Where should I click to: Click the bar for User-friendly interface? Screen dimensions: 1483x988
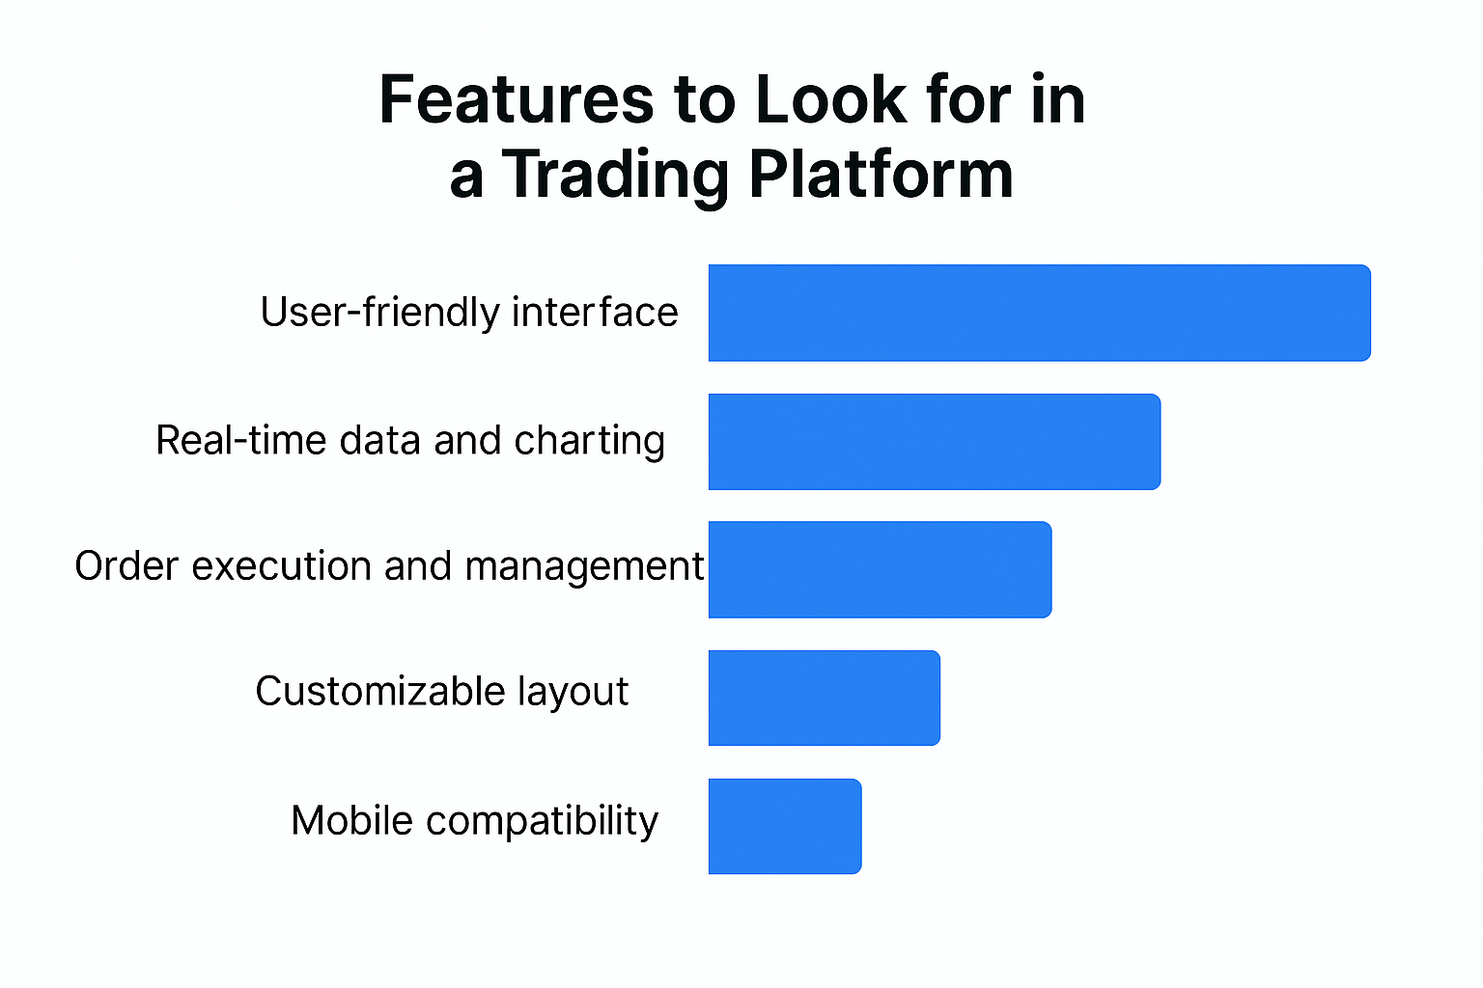[x=1040, y=313]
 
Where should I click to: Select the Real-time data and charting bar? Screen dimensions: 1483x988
[x=935, y=441]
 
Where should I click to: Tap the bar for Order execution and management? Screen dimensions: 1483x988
[x=880, y=570]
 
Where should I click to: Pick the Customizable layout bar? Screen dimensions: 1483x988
[x=825, y=699]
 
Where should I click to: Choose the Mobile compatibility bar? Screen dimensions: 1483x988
[x=785, y=827]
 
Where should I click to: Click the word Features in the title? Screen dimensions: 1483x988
[x=517, y=99]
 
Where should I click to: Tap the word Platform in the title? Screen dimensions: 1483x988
[x=881, y=174]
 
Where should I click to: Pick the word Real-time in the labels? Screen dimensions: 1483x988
[x=241, y=440]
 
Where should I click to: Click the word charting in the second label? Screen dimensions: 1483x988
[x=589, y=441]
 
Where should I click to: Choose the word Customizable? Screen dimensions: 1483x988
[x=380, y=691]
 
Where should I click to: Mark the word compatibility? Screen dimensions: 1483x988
[x=543, y=821]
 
